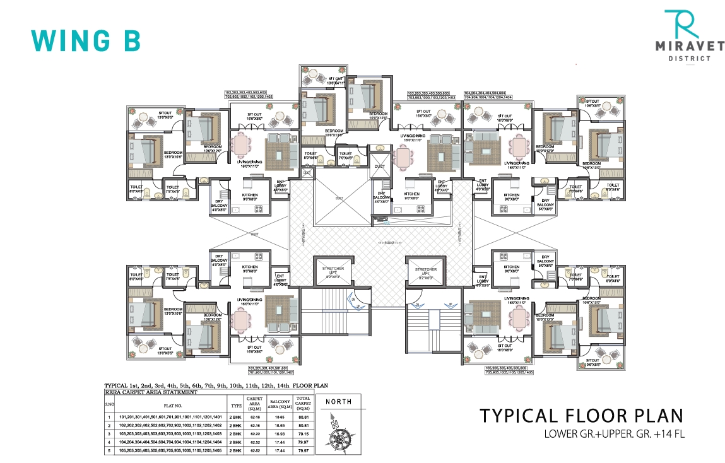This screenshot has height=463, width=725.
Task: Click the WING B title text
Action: [85, 40]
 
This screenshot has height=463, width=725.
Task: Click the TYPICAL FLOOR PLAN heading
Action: [581, 416]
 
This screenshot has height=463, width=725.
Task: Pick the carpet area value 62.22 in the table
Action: [254, 434]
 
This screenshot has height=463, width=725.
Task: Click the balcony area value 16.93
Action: [280, 434]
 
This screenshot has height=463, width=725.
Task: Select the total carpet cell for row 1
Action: [304, 417]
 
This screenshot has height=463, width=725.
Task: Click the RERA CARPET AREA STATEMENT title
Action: [150, 392]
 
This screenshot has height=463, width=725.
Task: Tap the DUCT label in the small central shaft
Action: [379, 168]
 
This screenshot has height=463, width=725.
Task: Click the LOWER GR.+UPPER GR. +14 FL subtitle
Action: [615, 434]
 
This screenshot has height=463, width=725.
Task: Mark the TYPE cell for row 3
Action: [236, 434]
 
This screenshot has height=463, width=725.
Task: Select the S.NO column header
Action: [109, 405]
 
